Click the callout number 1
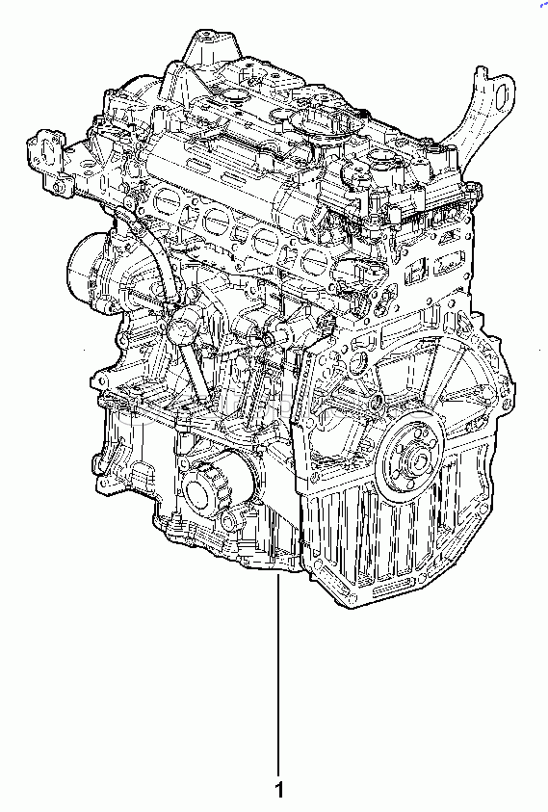click(x=279, y=790)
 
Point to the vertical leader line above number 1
click(x=278, y=673)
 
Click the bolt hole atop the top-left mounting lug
click(x=207, y=38)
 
